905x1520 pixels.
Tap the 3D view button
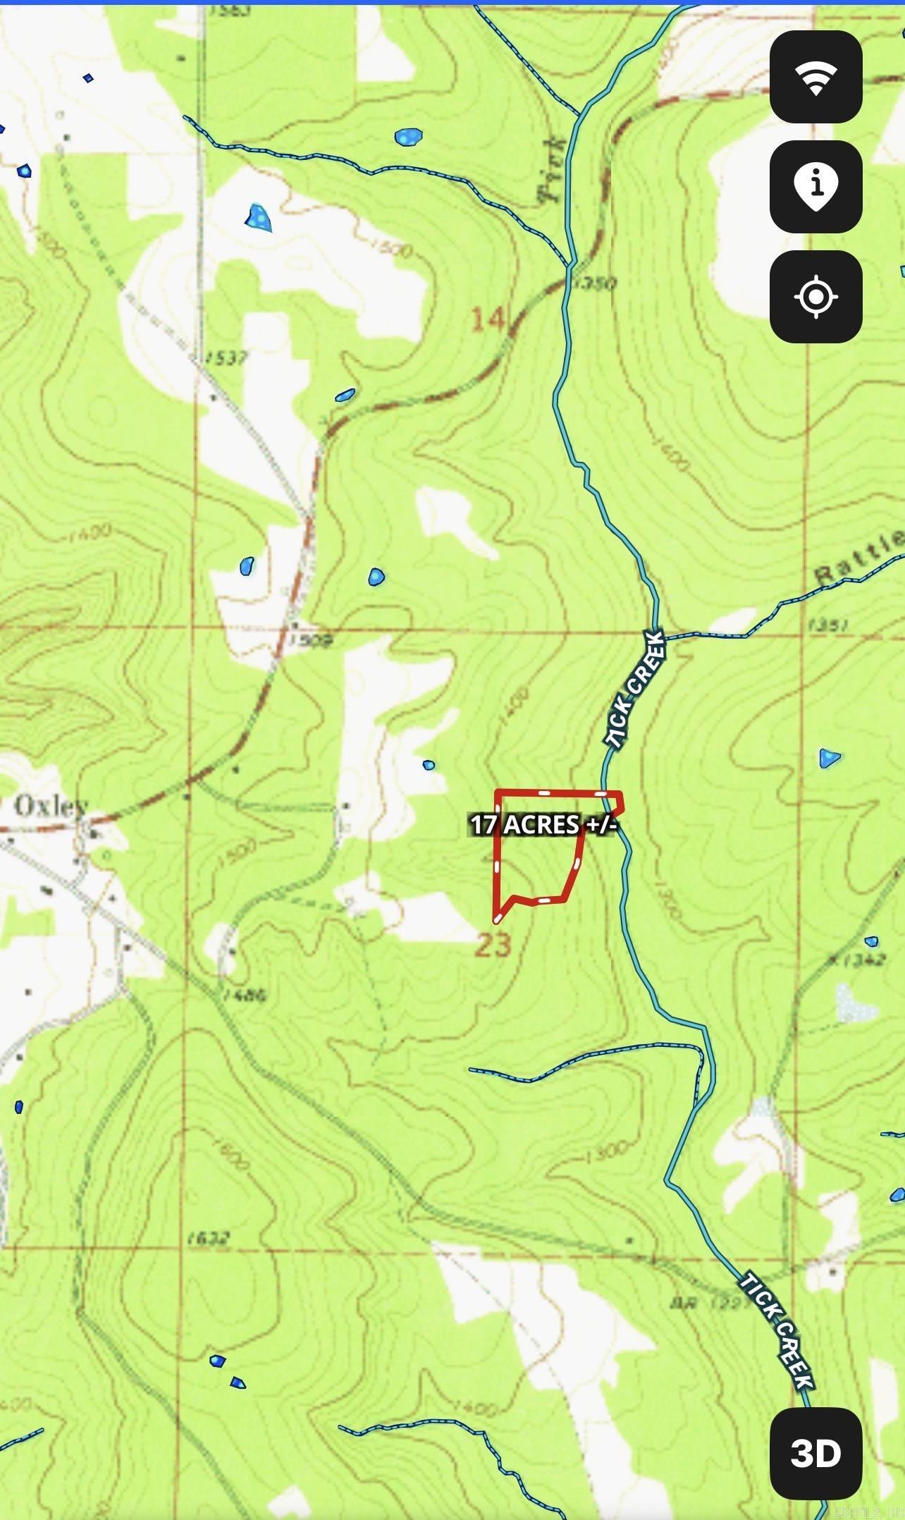(815, 1453)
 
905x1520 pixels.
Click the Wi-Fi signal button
(815, 77)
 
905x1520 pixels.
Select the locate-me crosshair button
(815, 297)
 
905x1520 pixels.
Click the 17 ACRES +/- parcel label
(543, 824)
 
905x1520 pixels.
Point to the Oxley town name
(51, 806)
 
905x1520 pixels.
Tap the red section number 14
(488, 320)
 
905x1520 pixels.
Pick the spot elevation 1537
(227, 358)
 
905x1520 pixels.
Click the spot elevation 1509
(311, 640)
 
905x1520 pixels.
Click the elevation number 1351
(829, 625)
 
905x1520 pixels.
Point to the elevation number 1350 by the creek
(595, 283)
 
